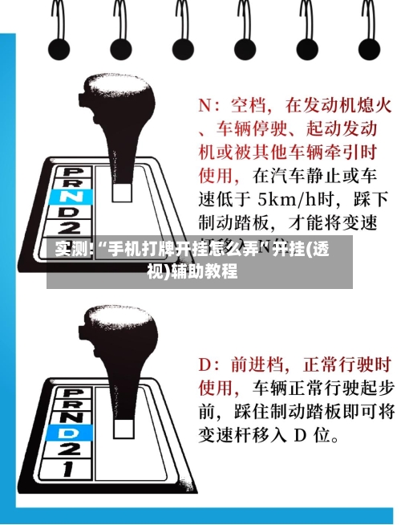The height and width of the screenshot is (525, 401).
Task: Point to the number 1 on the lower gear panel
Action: tap(74, 467)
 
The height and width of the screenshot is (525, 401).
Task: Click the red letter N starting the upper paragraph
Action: tap(207, 105)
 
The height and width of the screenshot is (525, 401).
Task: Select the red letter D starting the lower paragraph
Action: tap(207, 366)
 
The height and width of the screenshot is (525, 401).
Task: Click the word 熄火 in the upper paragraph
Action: tap(373, 105)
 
